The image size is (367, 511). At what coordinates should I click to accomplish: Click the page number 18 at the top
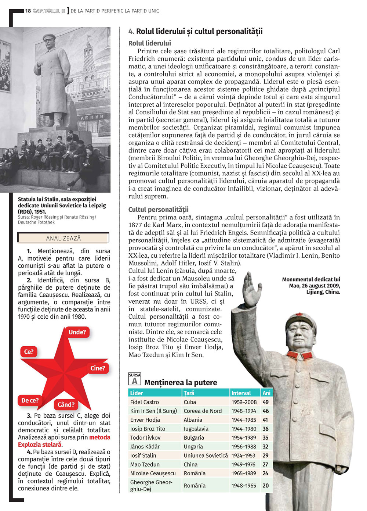[x=28, y=11]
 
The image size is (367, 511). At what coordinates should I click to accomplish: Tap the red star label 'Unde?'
[x=77, y=332]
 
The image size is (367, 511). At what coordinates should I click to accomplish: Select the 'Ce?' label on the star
[x=29, y=352]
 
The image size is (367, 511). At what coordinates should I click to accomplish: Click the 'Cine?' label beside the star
[x=98, y=368]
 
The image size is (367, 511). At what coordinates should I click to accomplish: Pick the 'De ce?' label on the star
[x=30, y=401]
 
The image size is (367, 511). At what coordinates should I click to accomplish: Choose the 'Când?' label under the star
[x=66, y=405]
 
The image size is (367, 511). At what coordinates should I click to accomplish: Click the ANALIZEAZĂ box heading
[x=63, y=238]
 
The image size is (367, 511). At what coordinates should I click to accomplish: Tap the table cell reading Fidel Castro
[x=145, y=402]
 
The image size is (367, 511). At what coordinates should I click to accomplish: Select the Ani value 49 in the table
[x=266, y=402]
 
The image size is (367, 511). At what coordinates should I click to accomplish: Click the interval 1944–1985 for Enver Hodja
[x=244, y=420]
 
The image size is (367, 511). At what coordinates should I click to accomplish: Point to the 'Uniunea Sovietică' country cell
[x=206, y=455]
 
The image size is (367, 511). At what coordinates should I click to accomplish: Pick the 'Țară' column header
[x=189, y=393]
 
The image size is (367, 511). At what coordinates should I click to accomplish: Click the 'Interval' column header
[x=241, y=393]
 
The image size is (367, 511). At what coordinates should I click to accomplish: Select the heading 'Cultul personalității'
[x=158, y=210]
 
